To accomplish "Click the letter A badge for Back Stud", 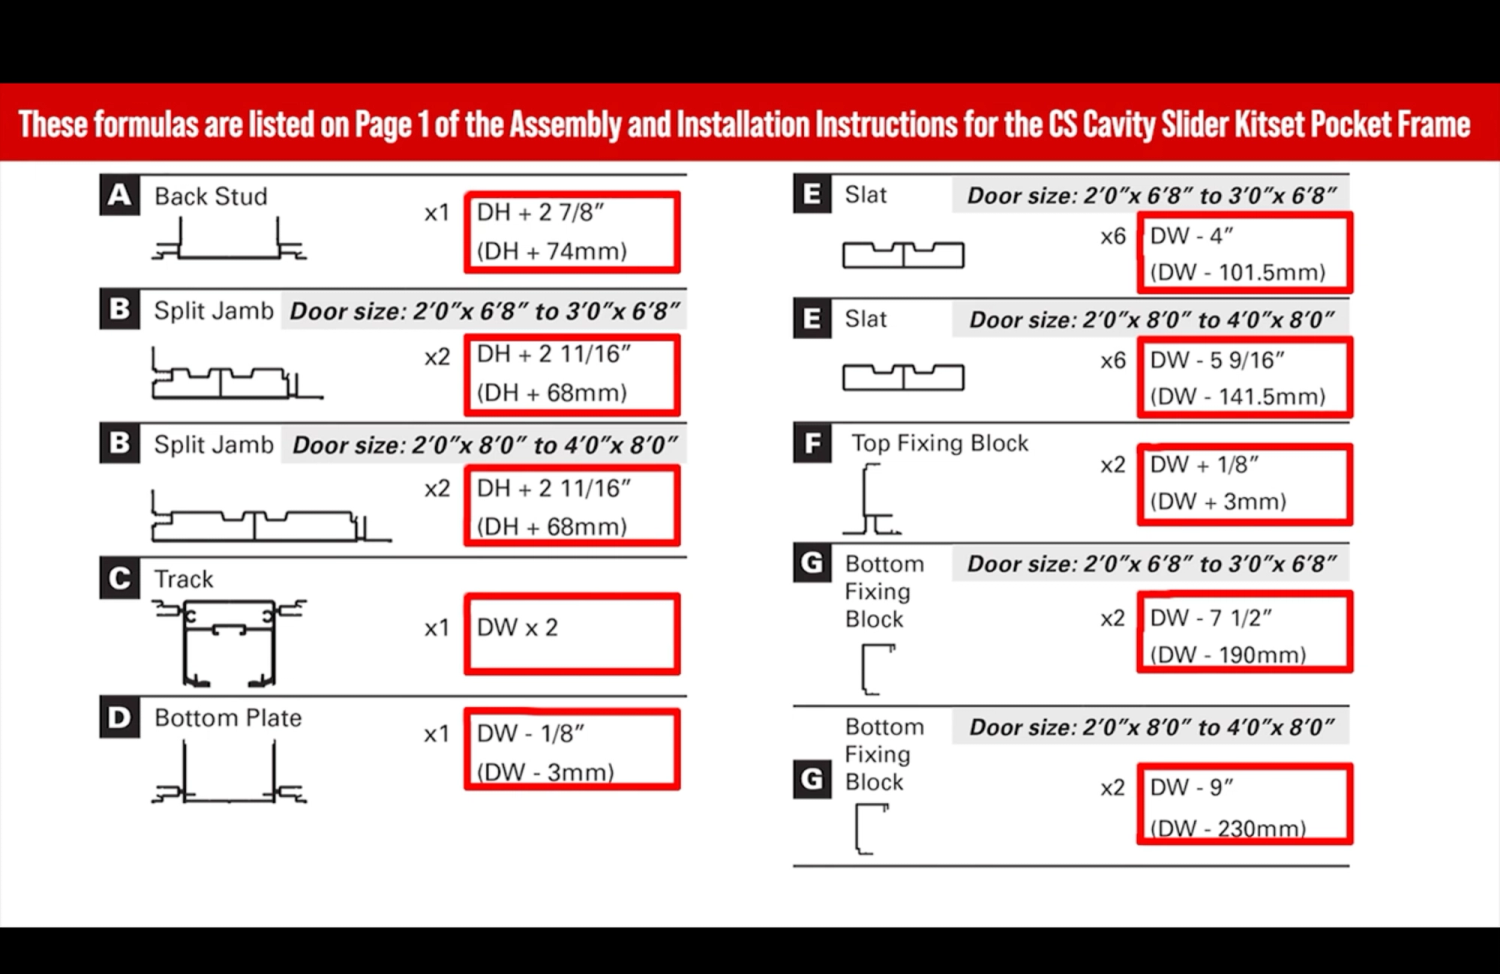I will click(x=119, y=196).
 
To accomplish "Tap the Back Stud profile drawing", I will click(x=229, y=241).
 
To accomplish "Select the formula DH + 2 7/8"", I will click(x=540, y=213).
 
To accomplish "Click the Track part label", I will click(x=184, y=579).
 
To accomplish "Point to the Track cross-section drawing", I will click(x=229, y=642).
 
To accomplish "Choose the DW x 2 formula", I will click(x=517, y=628).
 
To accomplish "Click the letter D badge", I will click(x=119, y=718).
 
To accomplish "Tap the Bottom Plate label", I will click(x=228, y=718).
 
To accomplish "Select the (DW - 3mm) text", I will click(x=545, y=772).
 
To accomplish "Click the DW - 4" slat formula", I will click(x=1191, y=236).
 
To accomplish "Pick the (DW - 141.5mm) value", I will click(x=1237, y=396).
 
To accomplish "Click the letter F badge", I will click(x=812, y=443).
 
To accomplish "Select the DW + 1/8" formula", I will click(x=1204, y=465).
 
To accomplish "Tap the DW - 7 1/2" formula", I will click(x=1210, y=618).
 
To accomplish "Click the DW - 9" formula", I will click(x=1191, y=788).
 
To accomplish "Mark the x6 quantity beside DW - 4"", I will click(x=1113, y=237).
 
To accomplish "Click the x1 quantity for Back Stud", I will click(x=437, y=213).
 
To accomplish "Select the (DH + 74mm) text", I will click(x=552, y=251).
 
